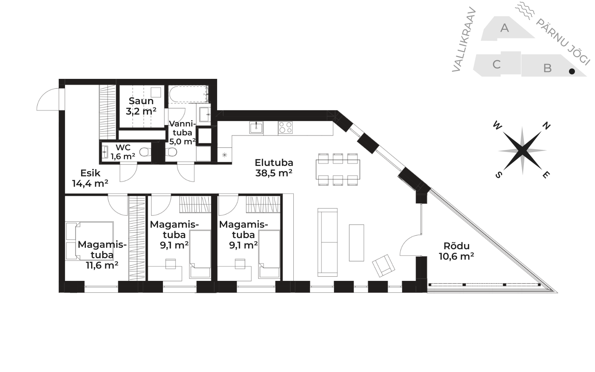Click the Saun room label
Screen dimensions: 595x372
click(x=141, y=106)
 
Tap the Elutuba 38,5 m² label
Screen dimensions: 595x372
click(x=274, y=168)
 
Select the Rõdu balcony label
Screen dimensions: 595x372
click(x=456, y=251)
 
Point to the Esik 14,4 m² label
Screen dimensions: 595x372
click(x=90, y=178)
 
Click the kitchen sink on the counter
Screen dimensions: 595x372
click(x=256, y=128)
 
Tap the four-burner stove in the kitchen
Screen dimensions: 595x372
click(x=285, y=128)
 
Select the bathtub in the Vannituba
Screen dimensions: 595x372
click(x=189, y=94)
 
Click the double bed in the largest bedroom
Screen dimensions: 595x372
click(x=90, y=241)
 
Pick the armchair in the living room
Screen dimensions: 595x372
click(x=383, y=266)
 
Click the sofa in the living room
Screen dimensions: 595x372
click(x=328, y=242)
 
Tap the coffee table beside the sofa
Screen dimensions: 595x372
click(x=357, y=243)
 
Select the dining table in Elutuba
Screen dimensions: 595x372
click(x=338, y=170)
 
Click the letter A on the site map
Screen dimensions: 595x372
click(x=504, y=28)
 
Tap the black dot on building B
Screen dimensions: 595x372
click(x=572, y=71)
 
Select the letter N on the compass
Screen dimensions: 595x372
click(x=546, y=126)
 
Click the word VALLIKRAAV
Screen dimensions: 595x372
click(x=464, y=39)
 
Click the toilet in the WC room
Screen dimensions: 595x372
click(x=145, y=152)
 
